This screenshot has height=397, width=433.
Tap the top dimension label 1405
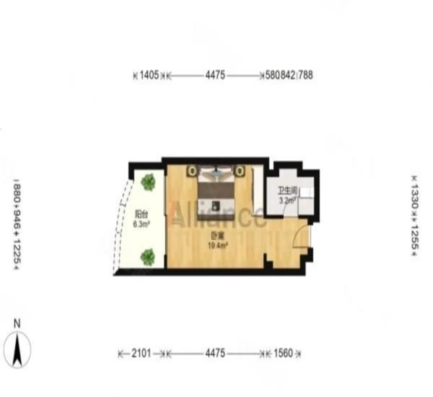pos(149,74)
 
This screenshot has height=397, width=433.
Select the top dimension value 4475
pos(216,74)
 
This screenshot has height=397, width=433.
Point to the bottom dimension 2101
pos(141,354)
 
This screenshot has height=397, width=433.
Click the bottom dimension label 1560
pos(283,354)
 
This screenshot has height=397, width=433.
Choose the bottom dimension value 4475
pos(216,354)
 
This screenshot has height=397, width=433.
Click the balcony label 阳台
pos(141,214)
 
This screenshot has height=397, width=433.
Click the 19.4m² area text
pos(217,245)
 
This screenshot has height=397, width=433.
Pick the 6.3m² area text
pos(141,224)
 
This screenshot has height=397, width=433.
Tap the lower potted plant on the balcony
pos(148,256)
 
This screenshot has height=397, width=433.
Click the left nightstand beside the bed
pos(192,171)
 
